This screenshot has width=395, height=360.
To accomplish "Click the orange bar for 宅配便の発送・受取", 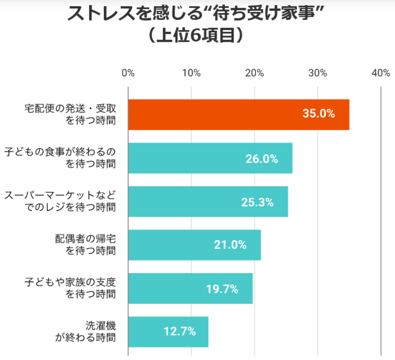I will pos(238,114).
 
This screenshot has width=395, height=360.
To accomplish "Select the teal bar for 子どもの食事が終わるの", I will pos(210,158).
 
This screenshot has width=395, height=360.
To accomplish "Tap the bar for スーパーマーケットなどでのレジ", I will pos(208,202).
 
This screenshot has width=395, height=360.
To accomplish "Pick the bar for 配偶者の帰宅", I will pos(194,245).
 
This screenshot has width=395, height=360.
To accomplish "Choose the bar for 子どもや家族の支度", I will pos(190,288).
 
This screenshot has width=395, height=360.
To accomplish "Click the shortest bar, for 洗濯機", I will pos(168,332).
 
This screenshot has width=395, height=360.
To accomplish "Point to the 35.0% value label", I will pos(319,114).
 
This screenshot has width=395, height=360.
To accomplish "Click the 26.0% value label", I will pos(262,158).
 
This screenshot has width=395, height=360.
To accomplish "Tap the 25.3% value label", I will pos(257,202).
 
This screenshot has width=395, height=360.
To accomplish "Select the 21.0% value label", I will pos(230,245).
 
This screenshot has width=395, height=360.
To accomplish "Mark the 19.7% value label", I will pos(222,289).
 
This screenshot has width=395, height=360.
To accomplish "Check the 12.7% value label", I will pos(180,332).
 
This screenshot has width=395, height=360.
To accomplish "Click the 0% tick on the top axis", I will pos(128,73).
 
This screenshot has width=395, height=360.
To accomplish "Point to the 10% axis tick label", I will pos(191,73).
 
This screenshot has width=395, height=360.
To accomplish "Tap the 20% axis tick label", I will pos(255,73).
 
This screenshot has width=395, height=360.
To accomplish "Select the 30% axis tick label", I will pos(318,73).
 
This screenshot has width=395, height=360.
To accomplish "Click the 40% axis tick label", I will pos(381,73).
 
